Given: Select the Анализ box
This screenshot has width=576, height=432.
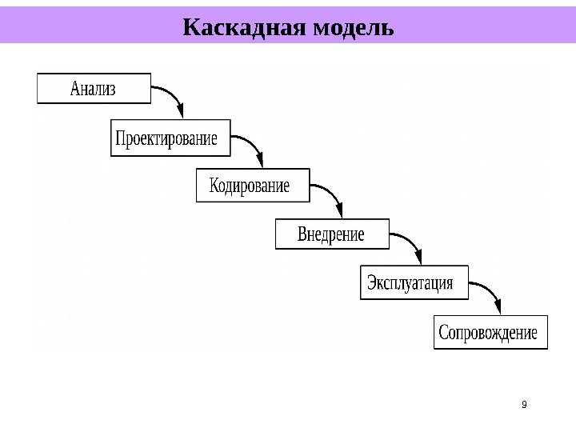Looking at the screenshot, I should coord(94,89).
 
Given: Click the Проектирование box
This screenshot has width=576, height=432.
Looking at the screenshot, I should coord(167,138).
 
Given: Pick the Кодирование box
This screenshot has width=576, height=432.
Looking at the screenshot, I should coord(250,186).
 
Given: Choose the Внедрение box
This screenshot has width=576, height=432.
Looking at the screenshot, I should coord(331,234).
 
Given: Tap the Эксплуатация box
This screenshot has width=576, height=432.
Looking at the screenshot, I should coord(411,282).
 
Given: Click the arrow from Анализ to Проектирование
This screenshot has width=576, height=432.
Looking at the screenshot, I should coord(172,94).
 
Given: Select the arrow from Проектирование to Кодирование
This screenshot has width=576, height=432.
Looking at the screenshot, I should coord(250,144).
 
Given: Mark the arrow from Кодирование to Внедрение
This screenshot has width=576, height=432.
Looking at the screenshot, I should coord(330,192).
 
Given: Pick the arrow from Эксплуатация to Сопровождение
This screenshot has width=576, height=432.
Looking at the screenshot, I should coord(488,289).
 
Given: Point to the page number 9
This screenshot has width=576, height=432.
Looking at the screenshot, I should coord(524,405).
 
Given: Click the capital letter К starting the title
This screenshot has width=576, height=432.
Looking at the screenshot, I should coord(192,28).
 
